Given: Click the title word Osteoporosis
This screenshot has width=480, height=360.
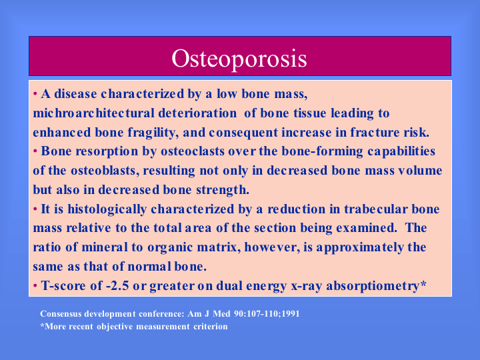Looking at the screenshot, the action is point(239,59).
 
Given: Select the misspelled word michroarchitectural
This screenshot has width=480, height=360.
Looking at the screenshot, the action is point(94,113).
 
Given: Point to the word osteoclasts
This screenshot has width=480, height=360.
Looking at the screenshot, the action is point(193,151).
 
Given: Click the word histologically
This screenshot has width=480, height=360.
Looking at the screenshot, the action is point(107,209).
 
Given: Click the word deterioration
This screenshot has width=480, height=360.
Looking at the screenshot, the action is point(197,113).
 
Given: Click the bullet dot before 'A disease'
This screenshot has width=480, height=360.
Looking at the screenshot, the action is point(35,93).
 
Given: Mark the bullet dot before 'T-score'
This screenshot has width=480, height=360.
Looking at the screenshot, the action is point(35,285).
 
